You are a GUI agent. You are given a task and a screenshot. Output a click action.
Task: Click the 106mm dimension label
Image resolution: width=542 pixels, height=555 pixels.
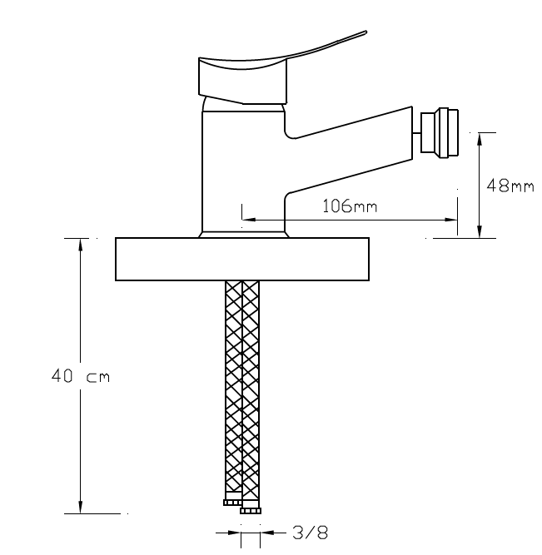click(x=350, y=206)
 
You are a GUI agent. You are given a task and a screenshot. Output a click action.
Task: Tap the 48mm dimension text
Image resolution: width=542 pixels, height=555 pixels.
click(x=510, y=186)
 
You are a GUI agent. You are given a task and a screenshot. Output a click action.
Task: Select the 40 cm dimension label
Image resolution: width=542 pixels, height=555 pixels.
click(x=81, y=376)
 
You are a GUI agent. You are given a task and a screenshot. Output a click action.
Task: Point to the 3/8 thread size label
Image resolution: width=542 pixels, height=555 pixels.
click(x=311, y=533)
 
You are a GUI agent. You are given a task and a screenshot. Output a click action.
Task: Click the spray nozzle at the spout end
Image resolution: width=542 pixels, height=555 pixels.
click(x=440, y=133)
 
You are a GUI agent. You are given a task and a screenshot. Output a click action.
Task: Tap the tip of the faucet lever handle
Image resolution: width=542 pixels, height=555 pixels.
click(x=365, y=32)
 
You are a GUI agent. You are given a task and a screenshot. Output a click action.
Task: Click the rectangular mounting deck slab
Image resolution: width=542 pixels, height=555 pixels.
click(x=242, y=259)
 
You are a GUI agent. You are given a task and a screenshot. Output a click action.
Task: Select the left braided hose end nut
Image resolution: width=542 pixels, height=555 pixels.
click(x=232, y=503)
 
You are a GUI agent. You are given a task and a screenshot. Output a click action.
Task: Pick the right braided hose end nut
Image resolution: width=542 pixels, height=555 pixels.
click(x=251, y=510)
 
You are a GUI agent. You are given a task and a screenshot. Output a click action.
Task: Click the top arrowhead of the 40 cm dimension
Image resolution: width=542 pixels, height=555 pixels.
click(x=81, y=244)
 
